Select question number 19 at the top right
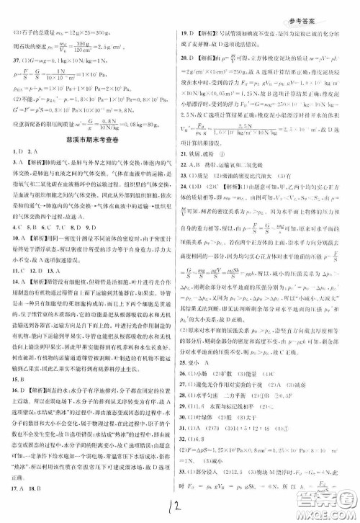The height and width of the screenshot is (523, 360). point(185,34)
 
